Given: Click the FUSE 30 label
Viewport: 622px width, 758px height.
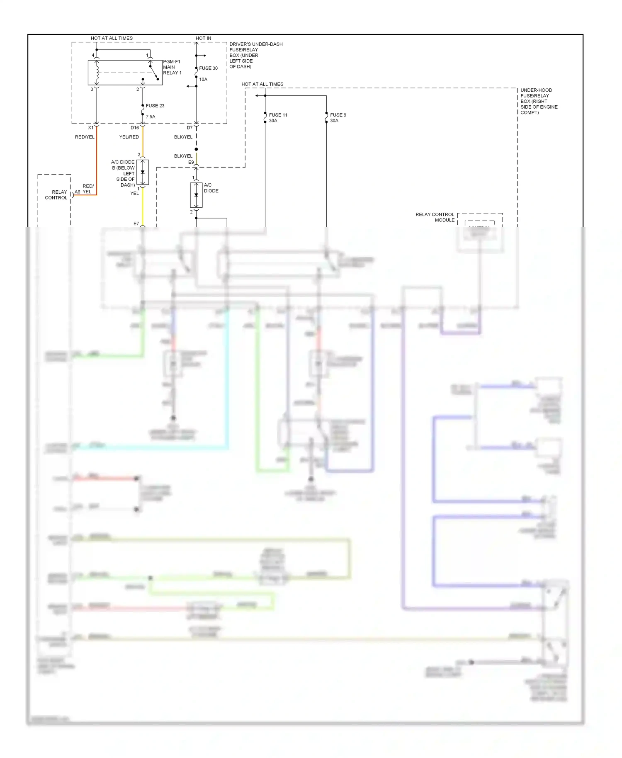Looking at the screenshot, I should coord(208,68).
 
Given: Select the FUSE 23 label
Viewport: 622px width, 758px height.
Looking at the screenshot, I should coord(155,106).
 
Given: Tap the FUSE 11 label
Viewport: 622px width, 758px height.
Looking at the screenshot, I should coord(278,115).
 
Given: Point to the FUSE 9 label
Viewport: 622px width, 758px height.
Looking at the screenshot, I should coord(338,115).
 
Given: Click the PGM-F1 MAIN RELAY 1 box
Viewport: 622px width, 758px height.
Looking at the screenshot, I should coord(125,73).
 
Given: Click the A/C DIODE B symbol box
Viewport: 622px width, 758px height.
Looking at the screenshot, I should coord(143,172).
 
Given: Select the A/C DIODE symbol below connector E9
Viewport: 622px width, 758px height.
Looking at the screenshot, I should coord(196,195).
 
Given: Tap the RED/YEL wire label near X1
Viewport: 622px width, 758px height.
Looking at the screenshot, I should coord(85,137).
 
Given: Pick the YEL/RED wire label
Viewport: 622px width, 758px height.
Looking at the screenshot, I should coord(129,137).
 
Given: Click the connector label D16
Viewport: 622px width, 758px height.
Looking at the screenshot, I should coord(134,128).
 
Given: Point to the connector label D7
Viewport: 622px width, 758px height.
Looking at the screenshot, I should coord(190,128).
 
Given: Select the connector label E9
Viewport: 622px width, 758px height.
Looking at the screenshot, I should coord(191,162).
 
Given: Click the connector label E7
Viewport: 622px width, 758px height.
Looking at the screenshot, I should coord(136,224).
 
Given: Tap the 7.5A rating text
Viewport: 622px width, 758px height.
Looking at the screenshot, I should coord(151,117).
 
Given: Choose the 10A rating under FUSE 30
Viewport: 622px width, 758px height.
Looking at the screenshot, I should coord(203,79).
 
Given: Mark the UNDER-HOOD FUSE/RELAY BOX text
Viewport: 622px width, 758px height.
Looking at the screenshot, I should coord(538,101).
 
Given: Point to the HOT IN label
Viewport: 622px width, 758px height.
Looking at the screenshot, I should coord(203,38).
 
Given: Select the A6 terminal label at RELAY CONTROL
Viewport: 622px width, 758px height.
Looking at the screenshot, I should coord(77,192).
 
